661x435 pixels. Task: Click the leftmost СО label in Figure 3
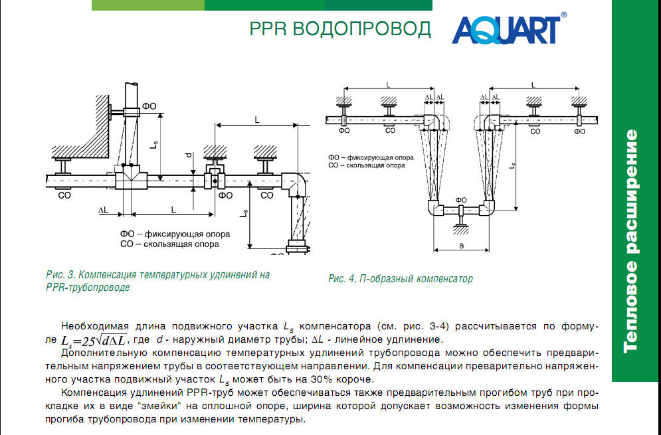pyautogui.click(x=64, y=196)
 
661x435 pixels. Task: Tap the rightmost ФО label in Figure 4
pyautogui.click(x=580, y=131)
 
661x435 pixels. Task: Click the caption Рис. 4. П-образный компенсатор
pyautogui.click(x=400, y=279)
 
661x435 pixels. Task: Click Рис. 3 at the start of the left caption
pyautogui.click(x=62, y=274)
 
